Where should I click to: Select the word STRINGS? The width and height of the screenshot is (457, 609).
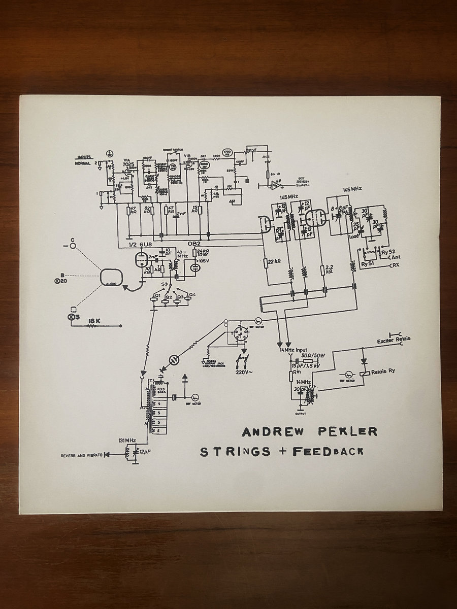(235, 451)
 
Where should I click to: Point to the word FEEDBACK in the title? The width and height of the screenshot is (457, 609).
(327, 451)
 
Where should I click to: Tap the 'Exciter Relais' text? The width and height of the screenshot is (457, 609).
(394, 339)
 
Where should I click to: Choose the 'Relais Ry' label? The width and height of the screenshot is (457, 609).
(383, 371)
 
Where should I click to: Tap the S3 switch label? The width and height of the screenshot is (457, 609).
(164, 283)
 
